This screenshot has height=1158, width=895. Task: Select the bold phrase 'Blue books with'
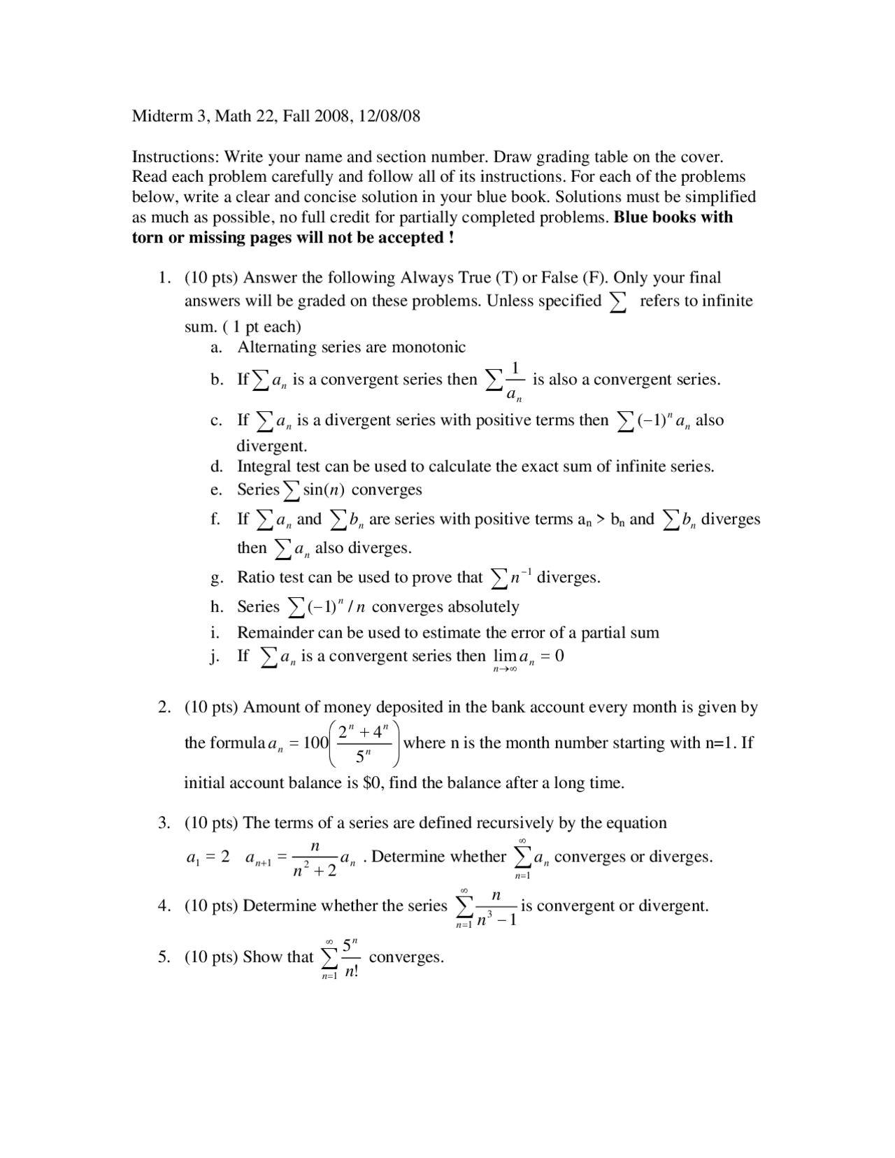(673, 217)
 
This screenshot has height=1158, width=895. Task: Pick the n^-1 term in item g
(520, 577)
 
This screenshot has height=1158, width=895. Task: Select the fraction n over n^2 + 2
(315, 859)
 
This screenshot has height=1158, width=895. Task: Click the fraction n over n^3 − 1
(496, 908)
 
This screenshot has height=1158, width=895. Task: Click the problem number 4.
(164, 906)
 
